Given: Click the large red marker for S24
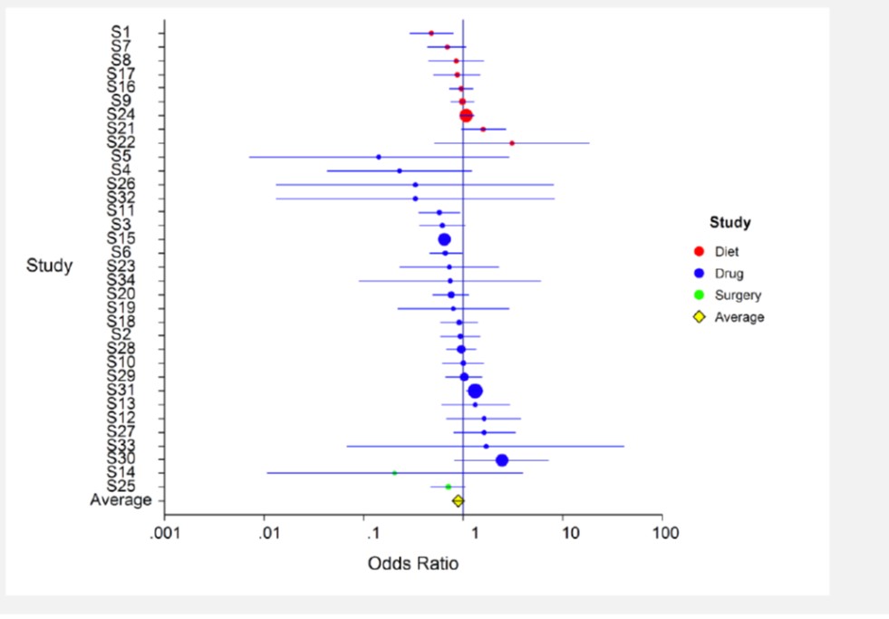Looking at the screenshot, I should [x=466, y=116].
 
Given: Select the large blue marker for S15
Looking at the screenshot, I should [x=444, y=239].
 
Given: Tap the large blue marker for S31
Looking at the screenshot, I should [x=475, y=391].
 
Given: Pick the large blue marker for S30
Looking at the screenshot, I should [x=502, y=460].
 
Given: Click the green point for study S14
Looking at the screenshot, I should [x=394, y=473].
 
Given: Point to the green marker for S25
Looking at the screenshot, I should [x=448, y=487].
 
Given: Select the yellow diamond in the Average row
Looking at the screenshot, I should [x=458, y=500].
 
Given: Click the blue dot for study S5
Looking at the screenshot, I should [x=379, y=157].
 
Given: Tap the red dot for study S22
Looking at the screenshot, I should [x=512, y=143].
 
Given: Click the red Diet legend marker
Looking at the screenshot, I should [x=699, y=252].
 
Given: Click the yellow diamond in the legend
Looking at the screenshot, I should [x=699, y=317].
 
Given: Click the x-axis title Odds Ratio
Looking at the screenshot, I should [x=412, y=564].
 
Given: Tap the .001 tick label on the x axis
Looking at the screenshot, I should [x=164, y=532].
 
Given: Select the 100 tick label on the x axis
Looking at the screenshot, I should [x=663, y=532].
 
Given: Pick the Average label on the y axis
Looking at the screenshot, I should [x=120, y=500].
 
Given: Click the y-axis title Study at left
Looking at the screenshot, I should [x=49, y=266].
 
